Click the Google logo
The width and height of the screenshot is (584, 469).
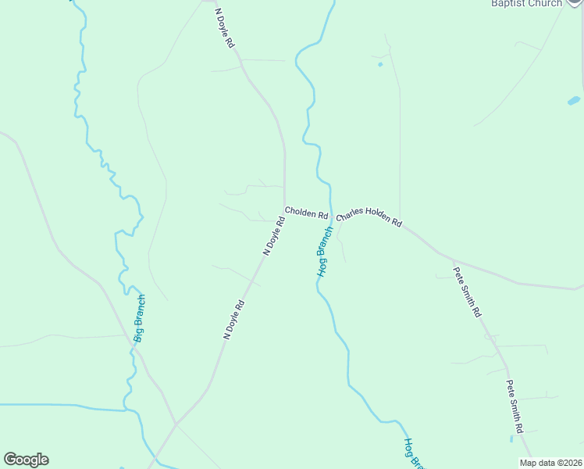pyautogui.click(x=27, y=460)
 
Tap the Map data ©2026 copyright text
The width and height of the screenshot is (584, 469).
pyautogui.click(x=550, y=463)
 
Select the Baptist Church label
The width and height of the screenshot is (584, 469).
pyautogui.click(x=526, y=3)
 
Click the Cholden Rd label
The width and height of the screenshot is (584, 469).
pyautogui.click(x=306, y=212)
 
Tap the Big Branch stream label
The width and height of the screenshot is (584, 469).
pyautogui.click(x=139, y=318)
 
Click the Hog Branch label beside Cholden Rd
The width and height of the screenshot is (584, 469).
pyautogui.click(x=324, y=252)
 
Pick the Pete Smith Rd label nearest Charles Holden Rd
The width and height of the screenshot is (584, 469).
pyautogui.click(x=467, y=292)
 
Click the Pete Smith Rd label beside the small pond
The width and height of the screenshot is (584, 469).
pyautogui.click(x=514, y=406)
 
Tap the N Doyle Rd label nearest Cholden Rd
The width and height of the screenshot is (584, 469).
pyautogui.click(x=274, y=237)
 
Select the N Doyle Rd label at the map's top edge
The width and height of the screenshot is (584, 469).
pyautogui.click(x=225, y=30)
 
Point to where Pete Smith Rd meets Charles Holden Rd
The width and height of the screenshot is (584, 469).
pyautogui.click(x=453, y=260)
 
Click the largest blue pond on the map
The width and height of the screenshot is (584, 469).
pyautogui.click(x=574, y=101)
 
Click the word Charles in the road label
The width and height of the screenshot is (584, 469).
pyautogui.click(x=351, y=213)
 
